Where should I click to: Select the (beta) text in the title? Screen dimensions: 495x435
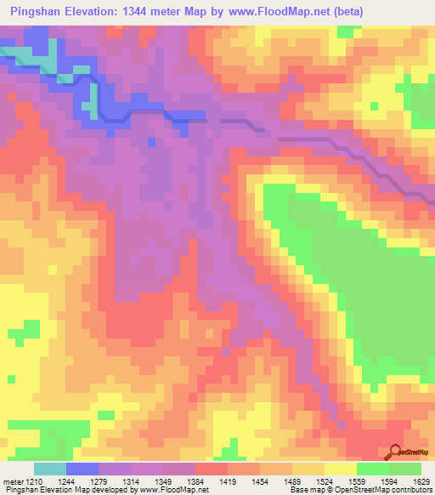pyautogui.click(x=408, y=12)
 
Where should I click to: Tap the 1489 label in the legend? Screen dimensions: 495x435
pyautogui.click(x=292, y=481)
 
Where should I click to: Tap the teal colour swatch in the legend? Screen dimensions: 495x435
pyautogui.click(x=49, y=469)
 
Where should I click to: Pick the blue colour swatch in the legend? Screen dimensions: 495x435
pyautogui.click(x=82, y=469)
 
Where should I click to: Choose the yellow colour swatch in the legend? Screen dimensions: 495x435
pyautogui.click(x=340, y=469)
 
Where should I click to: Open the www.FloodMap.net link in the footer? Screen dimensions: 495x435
pyautogui.click(x=186, y=490)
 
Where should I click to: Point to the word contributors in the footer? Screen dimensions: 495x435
pyautogui.click(x=409, y=490)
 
